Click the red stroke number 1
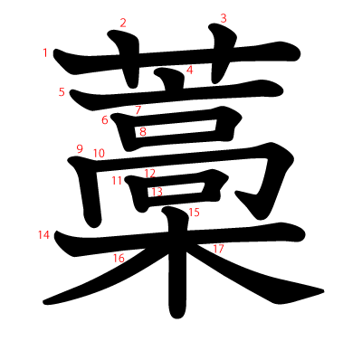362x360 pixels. (x=45, y=52)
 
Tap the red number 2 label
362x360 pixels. (x=123, y=23)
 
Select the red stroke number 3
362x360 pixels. (x=224, y=18)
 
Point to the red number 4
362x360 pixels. (x=190, y=70)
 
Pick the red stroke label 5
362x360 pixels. (x=62, y=91)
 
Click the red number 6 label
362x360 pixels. (x=105, y=120)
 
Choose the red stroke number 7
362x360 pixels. (x=138, y=110)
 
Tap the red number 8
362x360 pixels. (x=143, y=132)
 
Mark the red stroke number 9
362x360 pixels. (x=80, y=149)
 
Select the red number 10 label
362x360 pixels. (x=99, y=153)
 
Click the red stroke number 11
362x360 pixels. (x=117, y=180)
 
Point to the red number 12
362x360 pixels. (x=149, y=173)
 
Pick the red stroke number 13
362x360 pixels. (x=157, y=192)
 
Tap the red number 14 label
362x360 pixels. (x=43, y=235)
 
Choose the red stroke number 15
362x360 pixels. (x=194, y=213)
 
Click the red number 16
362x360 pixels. (x=119, y=259)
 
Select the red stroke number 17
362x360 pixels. (x=218, y=248)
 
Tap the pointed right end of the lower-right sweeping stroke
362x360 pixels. (x=323, y=290)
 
